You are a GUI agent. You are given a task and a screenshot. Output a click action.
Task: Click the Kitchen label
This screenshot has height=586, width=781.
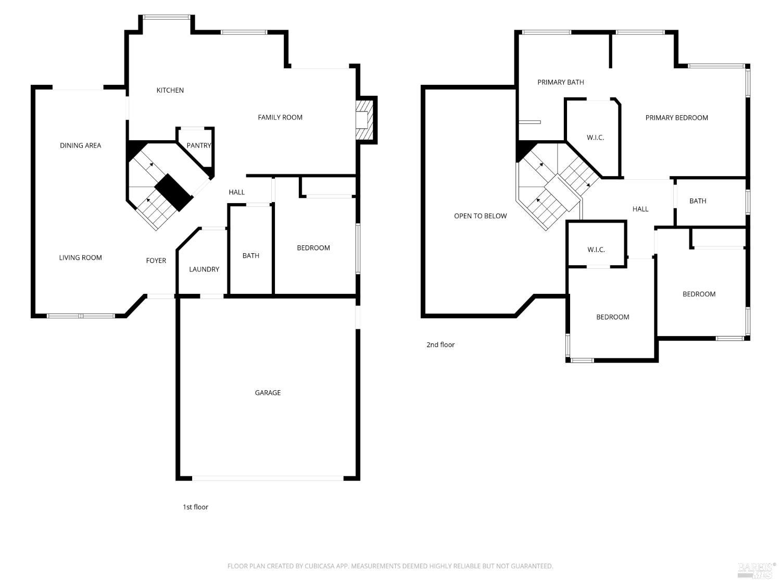click(170, 90)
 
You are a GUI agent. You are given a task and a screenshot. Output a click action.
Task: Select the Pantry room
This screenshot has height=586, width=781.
click(198, 145)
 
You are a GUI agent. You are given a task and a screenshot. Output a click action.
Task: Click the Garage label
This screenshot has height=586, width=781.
click(268, 393)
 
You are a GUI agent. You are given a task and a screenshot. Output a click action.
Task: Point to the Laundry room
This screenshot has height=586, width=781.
click(204, 269)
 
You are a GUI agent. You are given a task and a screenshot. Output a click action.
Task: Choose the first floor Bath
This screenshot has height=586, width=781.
click(250, 255)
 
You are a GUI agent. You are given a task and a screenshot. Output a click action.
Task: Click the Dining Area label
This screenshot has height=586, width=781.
click(80, 145)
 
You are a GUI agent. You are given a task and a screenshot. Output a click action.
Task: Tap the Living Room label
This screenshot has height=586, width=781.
click(80, 257)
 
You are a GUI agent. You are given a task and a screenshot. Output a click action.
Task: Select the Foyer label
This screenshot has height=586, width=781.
click(156, 260)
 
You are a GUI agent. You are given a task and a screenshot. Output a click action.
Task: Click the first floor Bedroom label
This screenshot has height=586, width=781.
click(313, 247)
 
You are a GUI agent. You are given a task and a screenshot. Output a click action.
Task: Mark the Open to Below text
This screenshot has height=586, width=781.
click(480, 216)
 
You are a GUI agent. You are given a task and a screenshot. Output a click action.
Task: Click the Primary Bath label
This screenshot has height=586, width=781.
click(560, 82)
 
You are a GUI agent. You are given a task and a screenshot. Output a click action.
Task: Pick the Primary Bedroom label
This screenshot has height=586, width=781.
click(676, 118)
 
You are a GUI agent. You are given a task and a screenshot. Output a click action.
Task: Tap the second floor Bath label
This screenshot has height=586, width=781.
click(698, 201)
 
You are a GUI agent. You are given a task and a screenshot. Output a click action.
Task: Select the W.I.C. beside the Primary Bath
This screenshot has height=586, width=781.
click(595, 138)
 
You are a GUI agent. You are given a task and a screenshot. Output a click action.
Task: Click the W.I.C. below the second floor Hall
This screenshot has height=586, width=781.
click(596, 250)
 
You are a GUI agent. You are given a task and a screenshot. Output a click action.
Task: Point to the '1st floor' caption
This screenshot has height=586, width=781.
click(195, 507)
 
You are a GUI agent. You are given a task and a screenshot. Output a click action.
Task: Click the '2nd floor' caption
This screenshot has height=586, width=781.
click(440, 344)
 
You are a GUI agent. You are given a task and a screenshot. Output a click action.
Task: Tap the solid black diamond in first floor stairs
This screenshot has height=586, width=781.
click(174, 193)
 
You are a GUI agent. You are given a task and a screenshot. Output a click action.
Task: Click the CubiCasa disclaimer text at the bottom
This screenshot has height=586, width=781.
click(390, 566)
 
